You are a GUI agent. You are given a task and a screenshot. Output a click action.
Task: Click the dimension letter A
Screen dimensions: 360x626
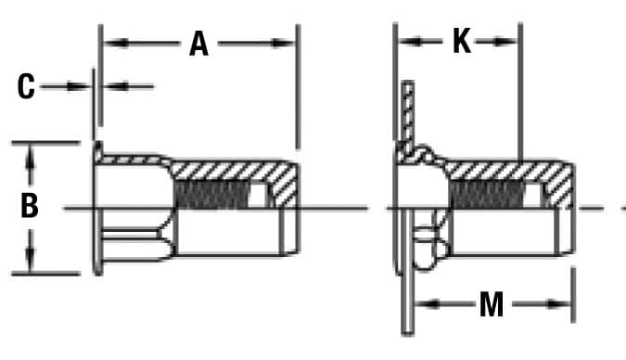(x=198, y=43)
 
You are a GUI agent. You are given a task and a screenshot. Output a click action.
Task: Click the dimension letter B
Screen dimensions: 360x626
(x=30, y=206)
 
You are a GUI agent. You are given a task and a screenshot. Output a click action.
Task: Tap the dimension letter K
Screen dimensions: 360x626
(x=461, y=42)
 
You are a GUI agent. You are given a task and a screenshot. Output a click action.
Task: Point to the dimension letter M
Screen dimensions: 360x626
(x=491, y=304)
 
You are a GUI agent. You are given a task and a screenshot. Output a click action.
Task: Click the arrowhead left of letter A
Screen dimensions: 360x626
(x=108, y=43)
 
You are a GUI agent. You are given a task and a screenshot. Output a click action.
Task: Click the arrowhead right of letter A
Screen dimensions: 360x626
(x=289, y=43)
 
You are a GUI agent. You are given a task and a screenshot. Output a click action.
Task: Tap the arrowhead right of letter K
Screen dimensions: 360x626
(x=511, y=42)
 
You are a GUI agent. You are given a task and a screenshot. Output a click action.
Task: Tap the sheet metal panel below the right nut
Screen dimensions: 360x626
(x=406, y=297)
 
